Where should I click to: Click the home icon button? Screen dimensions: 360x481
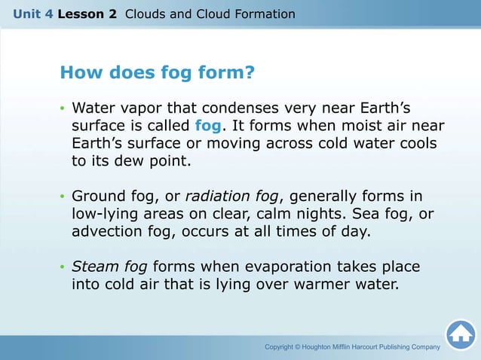(x=460, y=335)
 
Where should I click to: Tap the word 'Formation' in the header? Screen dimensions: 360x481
(x=265, y=14)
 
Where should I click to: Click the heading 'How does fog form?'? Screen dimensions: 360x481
(x=157, y=73)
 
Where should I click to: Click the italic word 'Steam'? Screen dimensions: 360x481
(x=92, y=267)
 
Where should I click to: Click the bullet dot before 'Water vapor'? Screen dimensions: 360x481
(x=63, y=107)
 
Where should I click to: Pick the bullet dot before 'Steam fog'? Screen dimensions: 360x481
(x=63, y=268)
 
